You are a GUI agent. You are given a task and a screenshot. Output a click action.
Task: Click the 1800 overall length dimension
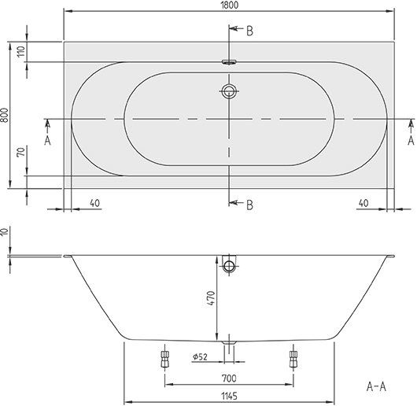[x=229, y=5]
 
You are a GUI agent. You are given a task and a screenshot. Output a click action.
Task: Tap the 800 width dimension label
[x=4, y=115]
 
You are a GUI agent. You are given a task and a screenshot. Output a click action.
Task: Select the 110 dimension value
[x=21, y=51]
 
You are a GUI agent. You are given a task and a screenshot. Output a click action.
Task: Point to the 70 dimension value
[x=21, y=152]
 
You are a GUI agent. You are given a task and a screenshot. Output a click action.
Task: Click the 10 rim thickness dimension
[x=5, y=232]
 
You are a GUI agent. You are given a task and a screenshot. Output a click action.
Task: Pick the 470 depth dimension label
[x=211, y=298]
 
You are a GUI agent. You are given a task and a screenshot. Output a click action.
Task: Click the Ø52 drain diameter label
[x=200, y=356]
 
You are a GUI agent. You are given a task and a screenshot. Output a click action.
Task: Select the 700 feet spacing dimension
[x=229, y=378]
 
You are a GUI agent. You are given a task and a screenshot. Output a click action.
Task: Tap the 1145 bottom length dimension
[x=229, y=396]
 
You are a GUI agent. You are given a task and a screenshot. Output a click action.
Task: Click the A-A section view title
[x=376, y=386]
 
